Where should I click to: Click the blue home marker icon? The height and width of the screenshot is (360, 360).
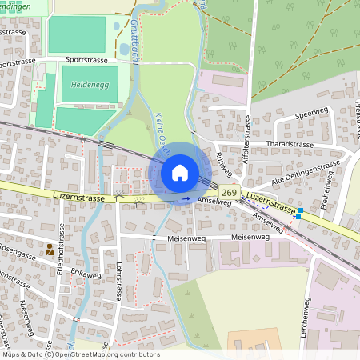tap(180, 172)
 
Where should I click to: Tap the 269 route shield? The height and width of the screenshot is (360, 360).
tap(230, 192)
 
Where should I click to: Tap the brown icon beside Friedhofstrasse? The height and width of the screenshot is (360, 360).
tap(50, 250)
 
